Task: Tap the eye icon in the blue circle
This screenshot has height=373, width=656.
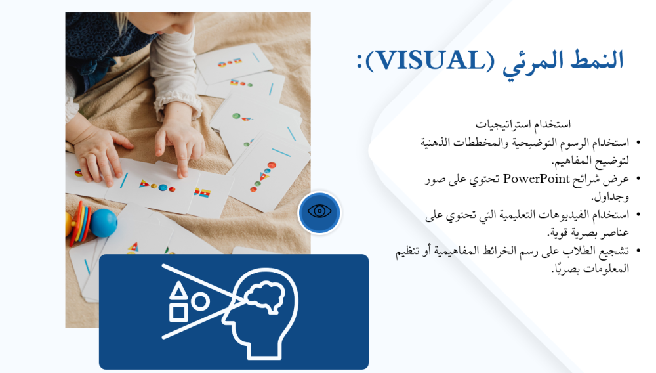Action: click(x=319, y=211)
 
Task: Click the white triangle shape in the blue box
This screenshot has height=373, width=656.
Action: click(x=178, y=290)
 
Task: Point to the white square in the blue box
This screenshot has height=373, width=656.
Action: click(x=178, y=313)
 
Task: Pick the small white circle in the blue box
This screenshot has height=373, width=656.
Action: click(x=200, y=301)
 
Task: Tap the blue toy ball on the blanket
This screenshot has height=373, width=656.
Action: click(x=104, y=223)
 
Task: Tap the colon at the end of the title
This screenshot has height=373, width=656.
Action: click(x=359, y=61)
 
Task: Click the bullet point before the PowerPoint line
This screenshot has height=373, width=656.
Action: click(x=638, y=179)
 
